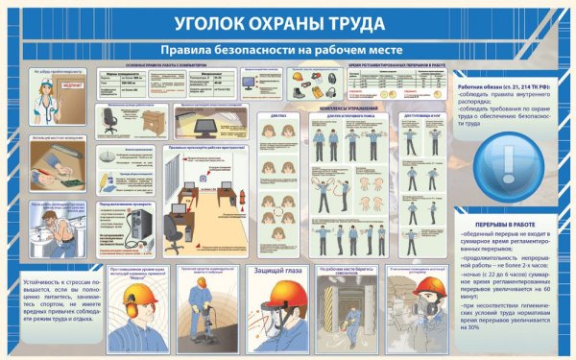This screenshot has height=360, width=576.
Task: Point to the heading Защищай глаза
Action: pos(277,271)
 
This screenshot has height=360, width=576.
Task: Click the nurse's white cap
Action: pos(46,83)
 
